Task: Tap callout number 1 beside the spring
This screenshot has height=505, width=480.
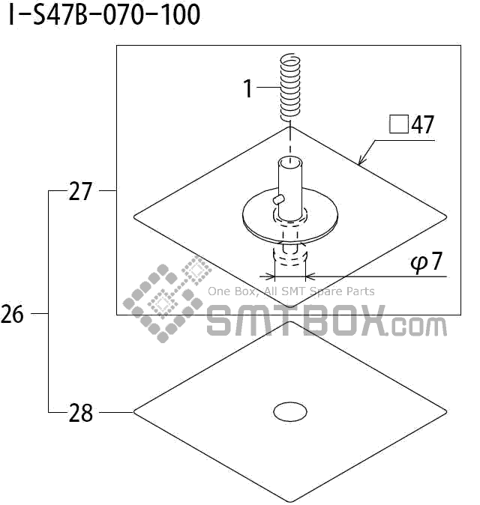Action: [x=248, y=88]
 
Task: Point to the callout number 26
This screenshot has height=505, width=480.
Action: [x=13, y=315]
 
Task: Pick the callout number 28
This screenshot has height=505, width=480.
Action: [x=80, y=412]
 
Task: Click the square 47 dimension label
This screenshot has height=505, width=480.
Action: [x=412, y=124]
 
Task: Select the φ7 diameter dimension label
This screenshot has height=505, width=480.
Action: [x=425, y=264]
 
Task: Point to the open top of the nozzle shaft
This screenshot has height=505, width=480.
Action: [x=289, y=161]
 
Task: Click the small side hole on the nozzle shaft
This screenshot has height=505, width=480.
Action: [x=278, y=199]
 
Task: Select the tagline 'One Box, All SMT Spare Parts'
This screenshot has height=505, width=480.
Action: [x=291, y=291]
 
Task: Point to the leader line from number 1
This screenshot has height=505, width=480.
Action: [x=267, y=88]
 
